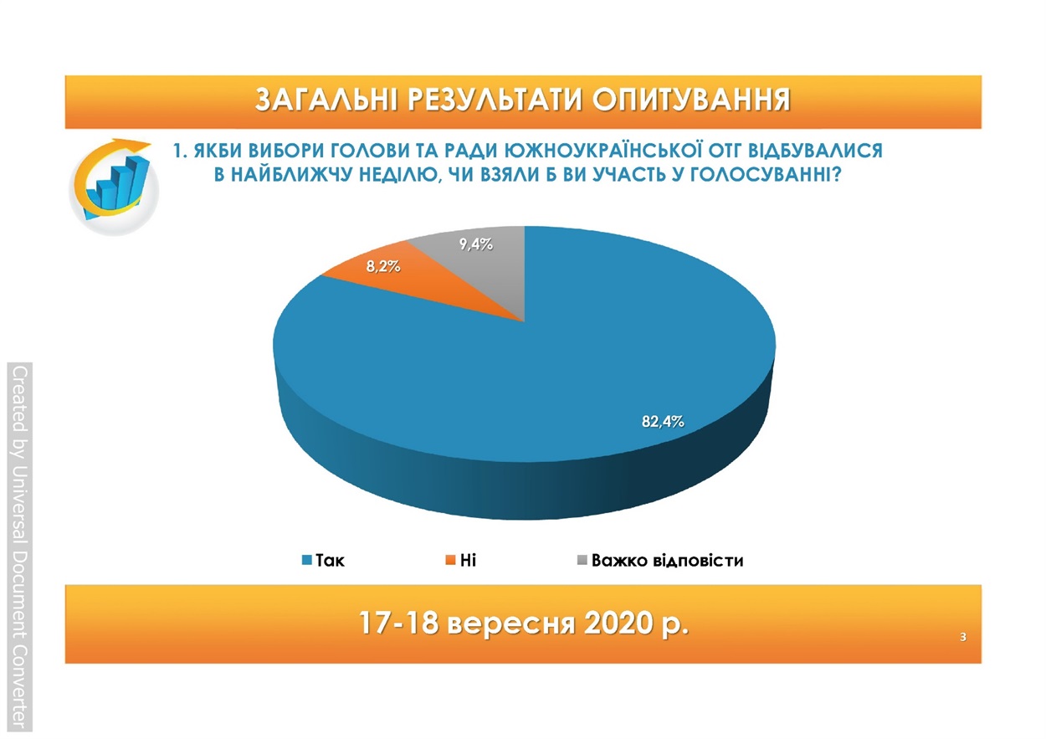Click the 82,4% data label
pos(663,422)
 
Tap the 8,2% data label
pos(383,267)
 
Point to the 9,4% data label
pos(476,244)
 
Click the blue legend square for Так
pos(307,560)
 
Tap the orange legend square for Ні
pos(451,560)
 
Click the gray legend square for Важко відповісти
pos(582,560)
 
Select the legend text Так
pos(331,560)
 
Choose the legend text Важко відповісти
pos(667,560)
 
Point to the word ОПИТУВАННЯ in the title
pos(691,100)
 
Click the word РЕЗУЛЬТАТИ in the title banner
pos(495,100)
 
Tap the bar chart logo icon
pos(114,187)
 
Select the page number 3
pos(962,637)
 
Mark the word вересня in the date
pos(510,625)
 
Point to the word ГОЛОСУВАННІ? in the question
pos(766,175)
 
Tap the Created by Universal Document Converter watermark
pos(19,547)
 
